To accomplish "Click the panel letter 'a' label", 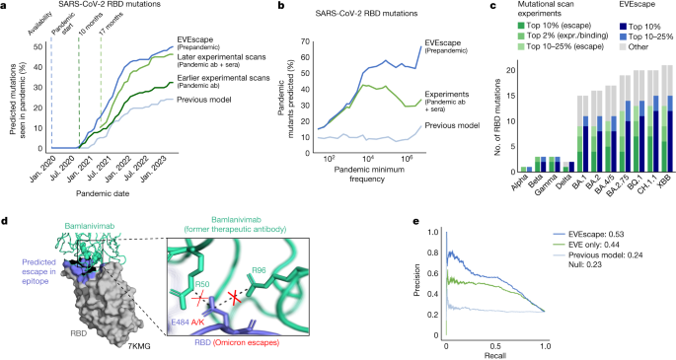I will (5, 7).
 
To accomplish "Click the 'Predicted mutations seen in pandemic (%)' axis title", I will (11, 90).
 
